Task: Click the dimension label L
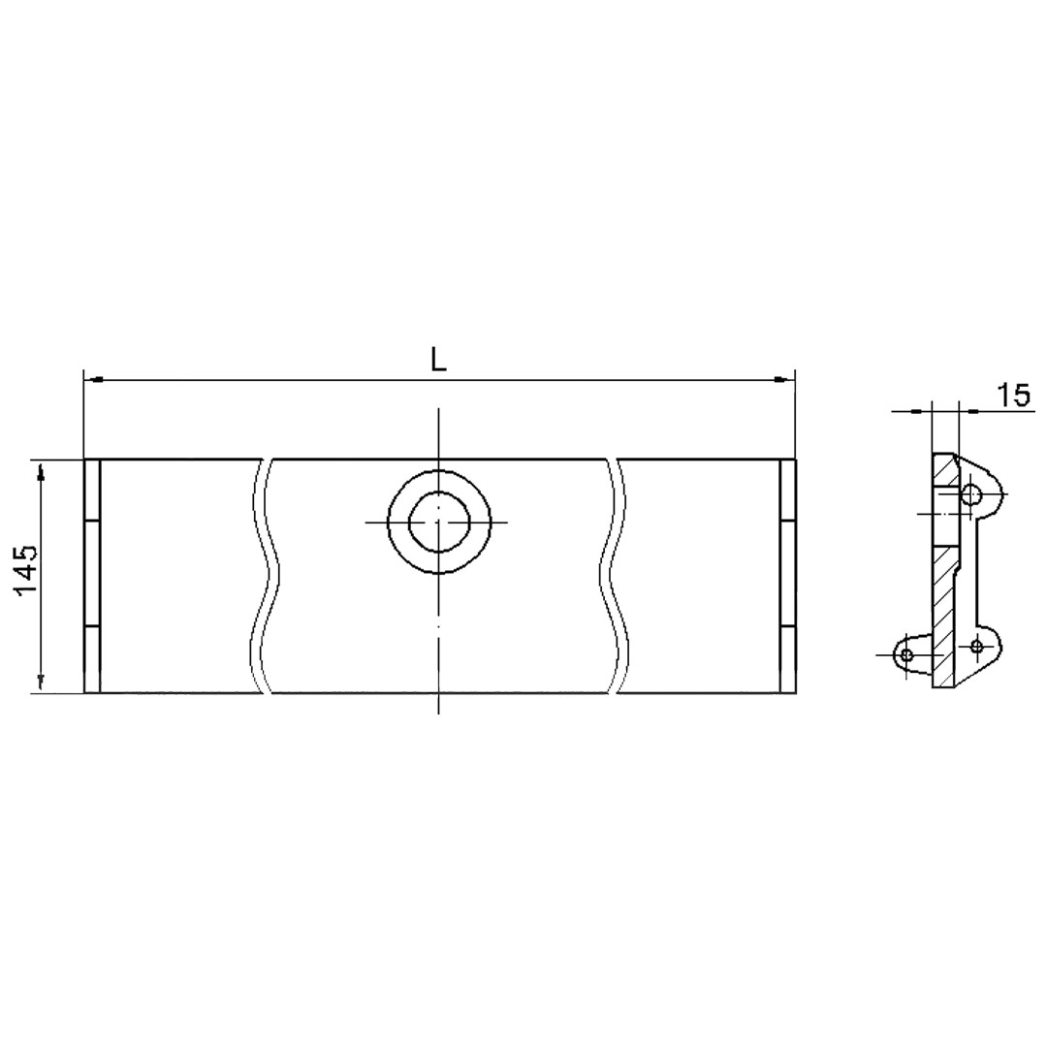click(x=438, y=362)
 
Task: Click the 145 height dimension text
click(x=27, y=570)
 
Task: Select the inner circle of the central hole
click(x=439, y=523)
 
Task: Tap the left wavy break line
click(x=266, y=576)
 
